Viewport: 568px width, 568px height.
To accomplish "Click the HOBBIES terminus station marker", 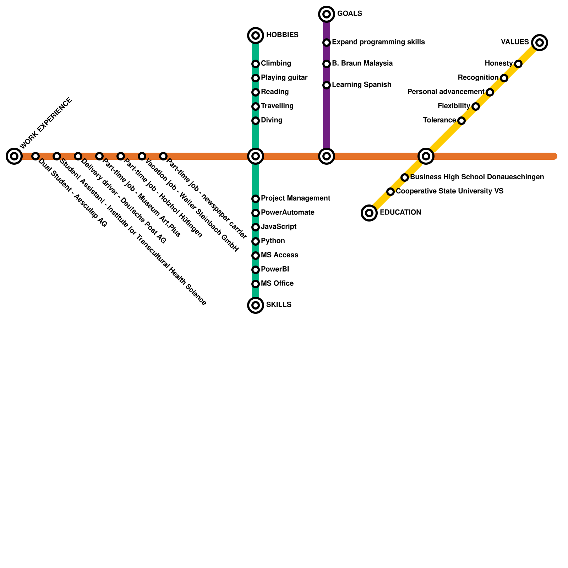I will [x=256, y=35].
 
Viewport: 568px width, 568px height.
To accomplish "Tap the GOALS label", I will [x=349, y=14].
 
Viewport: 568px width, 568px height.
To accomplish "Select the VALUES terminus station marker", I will [x=540, y=43].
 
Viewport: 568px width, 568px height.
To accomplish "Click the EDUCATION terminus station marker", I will [x=369, y=213].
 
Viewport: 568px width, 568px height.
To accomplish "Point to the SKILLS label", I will [x=279, y=305].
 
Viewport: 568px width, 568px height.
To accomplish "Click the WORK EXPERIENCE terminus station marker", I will [x=14, y=156].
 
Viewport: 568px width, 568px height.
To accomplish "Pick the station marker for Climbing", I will [x=256, y=64].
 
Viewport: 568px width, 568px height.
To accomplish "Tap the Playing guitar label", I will [x=284, y=78].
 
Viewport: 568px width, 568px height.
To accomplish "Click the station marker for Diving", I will [x=256, y=121].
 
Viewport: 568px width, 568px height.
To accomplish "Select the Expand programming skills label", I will [x=378, y=42].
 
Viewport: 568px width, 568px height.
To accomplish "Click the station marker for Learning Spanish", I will [x=327, y=85].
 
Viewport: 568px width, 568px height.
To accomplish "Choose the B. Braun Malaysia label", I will [x=362, y=64].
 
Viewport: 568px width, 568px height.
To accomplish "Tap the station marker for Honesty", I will [x=518, y=64].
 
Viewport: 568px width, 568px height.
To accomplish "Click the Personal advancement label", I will [x=446, y=92].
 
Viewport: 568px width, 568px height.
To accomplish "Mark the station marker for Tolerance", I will [x=461, y=121].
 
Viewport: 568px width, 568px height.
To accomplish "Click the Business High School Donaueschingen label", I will [x=477, y=177].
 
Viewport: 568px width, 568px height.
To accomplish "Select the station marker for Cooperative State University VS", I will [x=390, y=192].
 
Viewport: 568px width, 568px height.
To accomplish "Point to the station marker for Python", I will [x=256, y=241].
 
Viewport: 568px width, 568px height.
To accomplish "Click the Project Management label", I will [x=295, y=198].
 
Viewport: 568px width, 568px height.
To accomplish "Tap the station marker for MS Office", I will [x=256, y=284].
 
